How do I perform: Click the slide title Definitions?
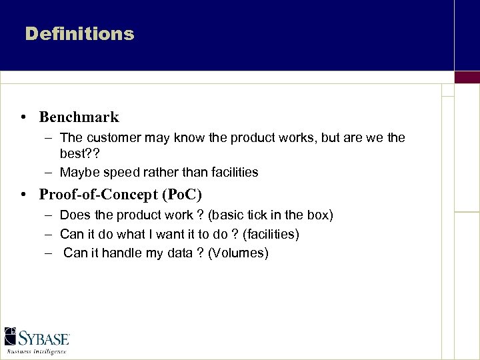[79, 33]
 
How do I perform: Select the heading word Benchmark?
[79, 117]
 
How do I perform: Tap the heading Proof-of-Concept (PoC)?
[120, 195]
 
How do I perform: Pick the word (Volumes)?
[238, 253]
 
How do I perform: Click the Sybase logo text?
[44, 337]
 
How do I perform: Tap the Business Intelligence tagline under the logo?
[37, 351]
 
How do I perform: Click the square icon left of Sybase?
[11, 336]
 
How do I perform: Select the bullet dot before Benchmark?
[23, 118]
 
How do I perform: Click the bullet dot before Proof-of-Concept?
[23, 195]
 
